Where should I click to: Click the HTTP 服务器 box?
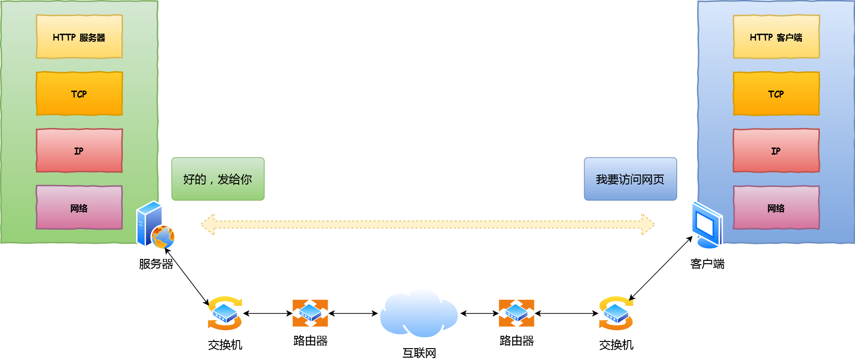coord(79,37)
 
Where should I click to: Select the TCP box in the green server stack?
coord(79,93)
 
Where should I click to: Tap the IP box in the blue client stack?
coord(776,150)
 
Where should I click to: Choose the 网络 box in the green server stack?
coord(79,207)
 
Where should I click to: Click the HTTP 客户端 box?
coord(776,37)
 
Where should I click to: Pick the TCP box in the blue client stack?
coord(776,93)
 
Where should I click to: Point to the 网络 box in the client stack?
coord(776,207)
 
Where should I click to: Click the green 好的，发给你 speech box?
coord(218,179)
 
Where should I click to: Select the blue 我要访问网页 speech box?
coord(630,179)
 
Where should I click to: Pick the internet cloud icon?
coord(418,313)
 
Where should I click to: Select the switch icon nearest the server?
coord(225,313)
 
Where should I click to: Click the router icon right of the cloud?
coord(516,313)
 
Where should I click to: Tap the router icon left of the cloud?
coord(310,313)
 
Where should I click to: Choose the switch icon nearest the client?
coord(616,313)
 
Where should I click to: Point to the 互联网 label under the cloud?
coord(419,353)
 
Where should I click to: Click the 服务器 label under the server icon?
coord(156,264)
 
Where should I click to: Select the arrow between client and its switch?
coord(661,268)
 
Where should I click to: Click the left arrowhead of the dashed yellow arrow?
coord(208,224)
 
